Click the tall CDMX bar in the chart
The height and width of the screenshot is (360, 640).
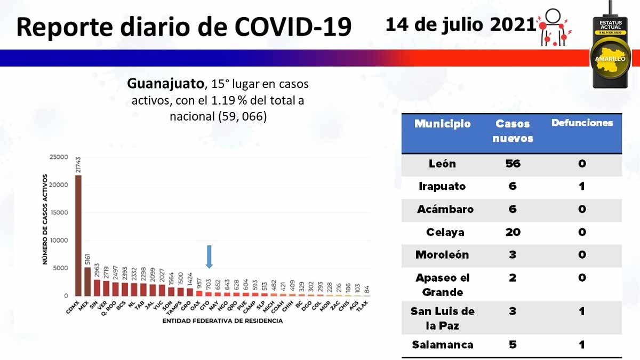point(78,235)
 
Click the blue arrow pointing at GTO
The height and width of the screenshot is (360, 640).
point(209,257)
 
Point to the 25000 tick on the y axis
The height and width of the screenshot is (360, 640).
point(59,157)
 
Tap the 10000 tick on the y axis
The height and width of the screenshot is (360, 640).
point(59,241)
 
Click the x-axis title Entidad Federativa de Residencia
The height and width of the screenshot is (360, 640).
point(222,322)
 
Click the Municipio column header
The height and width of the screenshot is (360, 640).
point(442,124)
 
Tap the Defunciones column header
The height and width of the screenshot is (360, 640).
point(582,123)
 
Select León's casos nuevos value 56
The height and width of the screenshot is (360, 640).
point(513,164)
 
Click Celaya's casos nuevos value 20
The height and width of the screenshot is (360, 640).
point(513,232)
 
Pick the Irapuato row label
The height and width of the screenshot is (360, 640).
point(442,186)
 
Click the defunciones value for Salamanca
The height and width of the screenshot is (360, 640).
point(582,345)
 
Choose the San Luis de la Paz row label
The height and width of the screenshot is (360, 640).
point(442,317)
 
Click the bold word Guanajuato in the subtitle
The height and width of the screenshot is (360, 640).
point(165,84)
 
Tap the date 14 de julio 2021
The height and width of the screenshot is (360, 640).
point(460,25)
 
